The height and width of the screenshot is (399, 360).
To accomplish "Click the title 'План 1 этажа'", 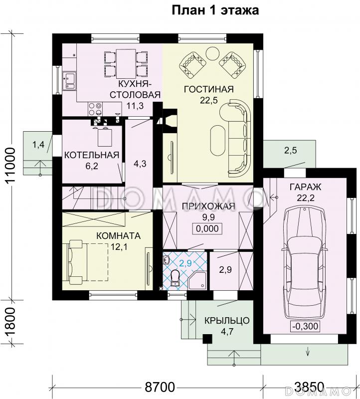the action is pyautogui.click(x=215, y=10).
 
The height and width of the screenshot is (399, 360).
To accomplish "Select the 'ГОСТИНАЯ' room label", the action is pyautogui.click(x=208, y=89).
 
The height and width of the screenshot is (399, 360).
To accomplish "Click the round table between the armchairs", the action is pyautogui.click(x=212, y=53).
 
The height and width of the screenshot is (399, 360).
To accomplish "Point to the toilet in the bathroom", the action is pyautogui.click(x=175, y=278).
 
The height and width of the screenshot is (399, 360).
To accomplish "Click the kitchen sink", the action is pyautogui.click(x=69, y=81).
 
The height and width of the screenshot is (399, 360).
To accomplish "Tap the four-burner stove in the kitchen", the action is pyautogui.click(x=95, y=108).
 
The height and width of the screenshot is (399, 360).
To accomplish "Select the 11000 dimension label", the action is pyautogui.click(x=11, y=166).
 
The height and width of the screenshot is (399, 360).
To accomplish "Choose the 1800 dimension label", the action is pyautogui.click(x=11, y=322).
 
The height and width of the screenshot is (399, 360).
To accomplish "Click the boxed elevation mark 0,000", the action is pyautogui.click(x=207, y=228).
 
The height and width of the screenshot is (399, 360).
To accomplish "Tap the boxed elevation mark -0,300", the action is pyautogui.click(x=305, y=326).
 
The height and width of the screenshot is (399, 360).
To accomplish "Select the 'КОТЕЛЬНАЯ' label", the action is pyautogui.click(x=92, y=155).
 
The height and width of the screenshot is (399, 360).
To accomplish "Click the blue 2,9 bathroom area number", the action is pyautogui.click(x=185, y=263).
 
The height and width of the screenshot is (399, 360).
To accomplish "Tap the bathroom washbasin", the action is pyautogui.click(x=167, y=259).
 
